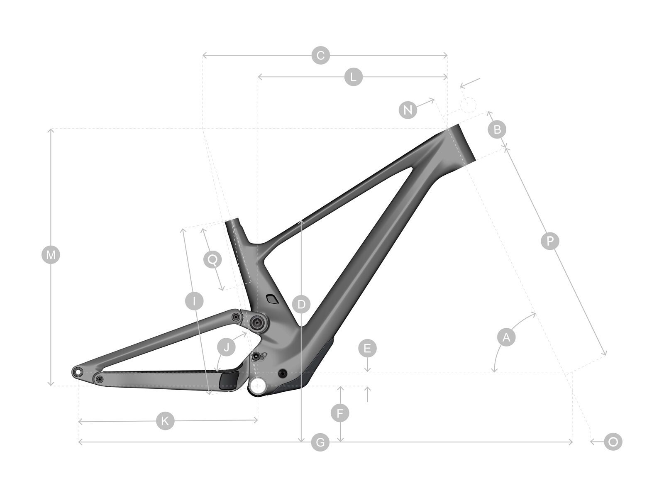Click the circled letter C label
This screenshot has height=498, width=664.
[320, 55]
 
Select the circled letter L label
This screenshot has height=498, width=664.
[353, 77]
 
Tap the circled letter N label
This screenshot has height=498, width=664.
[408, 110]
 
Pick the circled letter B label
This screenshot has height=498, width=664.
[497, 129]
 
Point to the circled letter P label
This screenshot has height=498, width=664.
[550, 241]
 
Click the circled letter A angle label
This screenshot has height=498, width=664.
[506, 337]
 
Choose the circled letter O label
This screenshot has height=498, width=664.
[613, 442]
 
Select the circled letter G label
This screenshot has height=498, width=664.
[320, 442]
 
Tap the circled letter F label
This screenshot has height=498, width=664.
[340, 413]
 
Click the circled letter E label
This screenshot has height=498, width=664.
[367, 348]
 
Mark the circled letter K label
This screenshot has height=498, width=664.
[165, 421]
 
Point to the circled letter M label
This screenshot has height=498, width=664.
[51, 255]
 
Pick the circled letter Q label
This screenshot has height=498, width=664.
[212, 260]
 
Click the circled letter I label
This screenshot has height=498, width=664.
[194, 301]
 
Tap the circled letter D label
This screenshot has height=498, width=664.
[301, 305]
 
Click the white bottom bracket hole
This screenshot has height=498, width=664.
[257, 386]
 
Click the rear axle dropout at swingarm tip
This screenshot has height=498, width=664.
[77, 371]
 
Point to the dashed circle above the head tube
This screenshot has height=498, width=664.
[468, 105]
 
